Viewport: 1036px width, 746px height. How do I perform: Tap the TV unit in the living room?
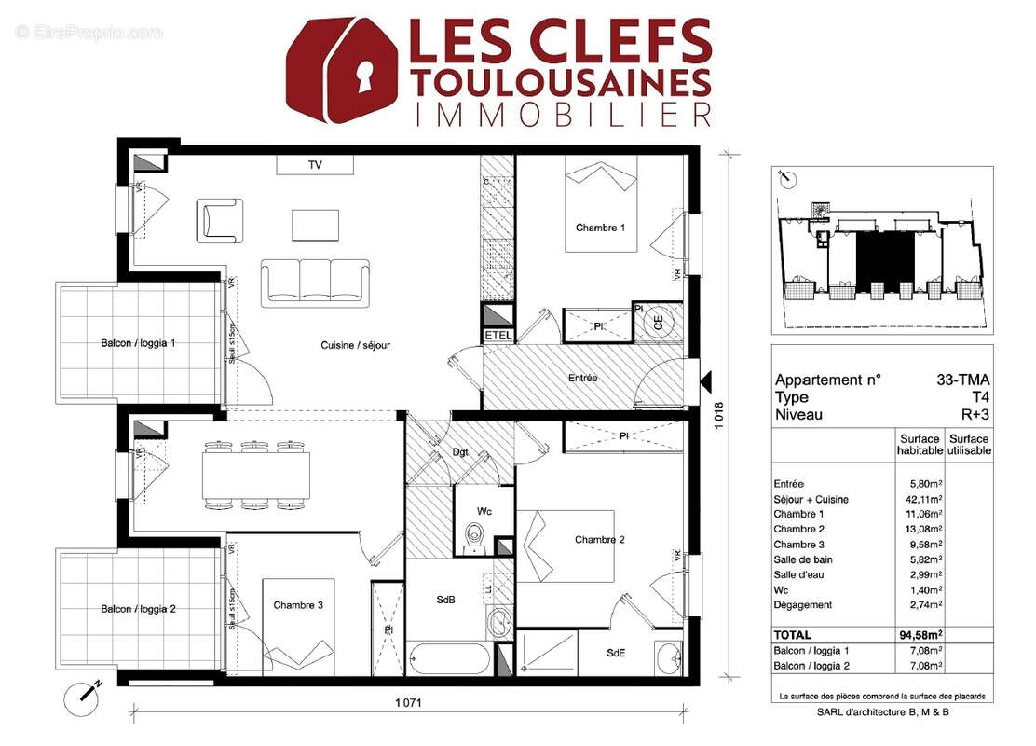point(315,164)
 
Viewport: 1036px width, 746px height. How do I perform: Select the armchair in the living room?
point(219,221)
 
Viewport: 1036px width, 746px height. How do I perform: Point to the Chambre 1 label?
point(600,228)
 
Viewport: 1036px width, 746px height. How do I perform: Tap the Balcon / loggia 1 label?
point(138,343)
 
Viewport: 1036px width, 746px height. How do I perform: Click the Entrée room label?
point(582,378)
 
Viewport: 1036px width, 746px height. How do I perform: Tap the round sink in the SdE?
point(668,656)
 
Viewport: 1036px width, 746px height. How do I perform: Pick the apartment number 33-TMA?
point(963,380)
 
